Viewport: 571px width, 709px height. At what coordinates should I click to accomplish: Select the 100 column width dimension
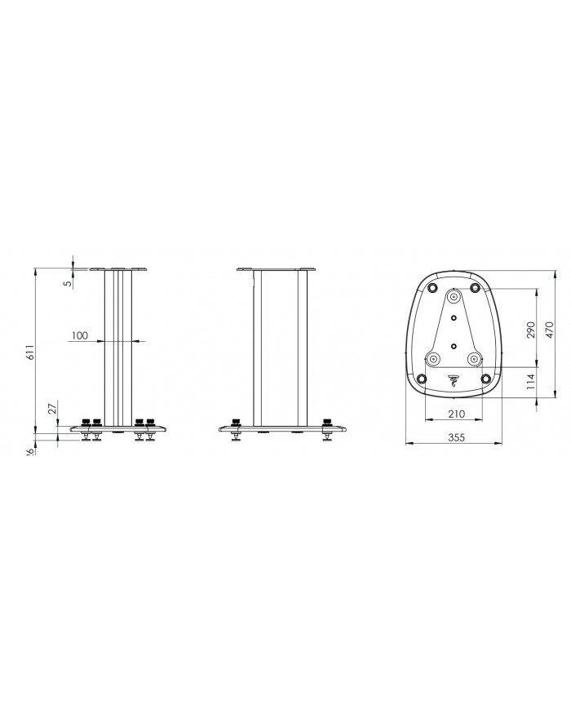(79, 335)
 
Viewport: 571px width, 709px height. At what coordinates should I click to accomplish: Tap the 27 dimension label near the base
(51, 410)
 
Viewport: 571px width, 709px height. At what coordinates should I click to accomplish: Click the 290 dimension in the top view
(530, 329)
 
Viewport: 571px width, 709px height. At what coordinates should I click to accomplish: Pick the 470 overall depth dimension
(551, 329)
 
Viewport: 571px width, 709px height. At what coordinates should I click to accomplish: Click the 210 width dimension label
(455, 414)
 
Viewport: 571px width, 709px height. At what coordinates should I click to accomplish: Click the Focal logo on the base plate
(454, 379)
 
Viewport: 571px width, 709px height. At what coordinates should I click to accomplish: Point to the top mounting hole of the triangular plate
(454, 295)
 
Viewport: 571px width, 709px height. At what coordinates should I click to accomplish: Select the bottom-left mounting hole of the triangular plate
(434, 357)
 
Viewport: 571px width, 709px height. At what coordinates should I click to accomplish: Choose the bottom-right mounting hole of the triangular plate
(474, 357)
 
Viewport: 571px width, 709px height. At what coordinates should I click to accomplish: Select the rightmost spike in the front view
(150, 432)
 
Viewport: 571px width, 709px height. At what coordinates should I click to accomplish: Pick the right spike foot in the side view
(328, 432)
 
